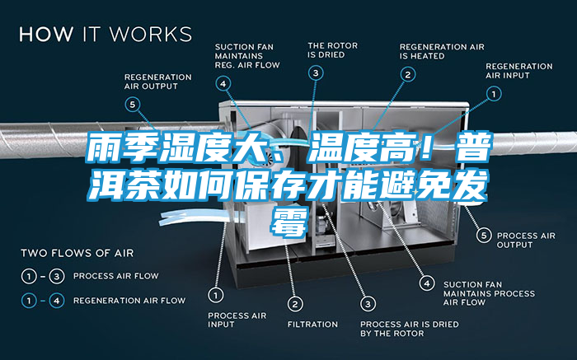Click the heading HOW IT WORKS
[106, 35]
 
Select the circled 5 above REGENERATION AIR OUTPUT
[132, 104]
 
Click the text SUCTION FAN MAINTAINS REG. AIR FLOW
[247, 54]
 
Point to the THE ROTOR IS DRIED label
[332, 49]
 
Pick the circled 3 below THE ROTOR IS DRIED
[317, 73]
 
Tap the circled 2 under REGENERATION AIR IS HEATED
[407, 73]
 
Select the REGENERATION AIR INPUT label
[519, 70]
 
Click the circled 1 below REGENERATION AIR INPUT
[494, 95]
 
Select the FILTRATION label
[312, 324]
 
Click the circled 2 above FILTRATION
[293, 305]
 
